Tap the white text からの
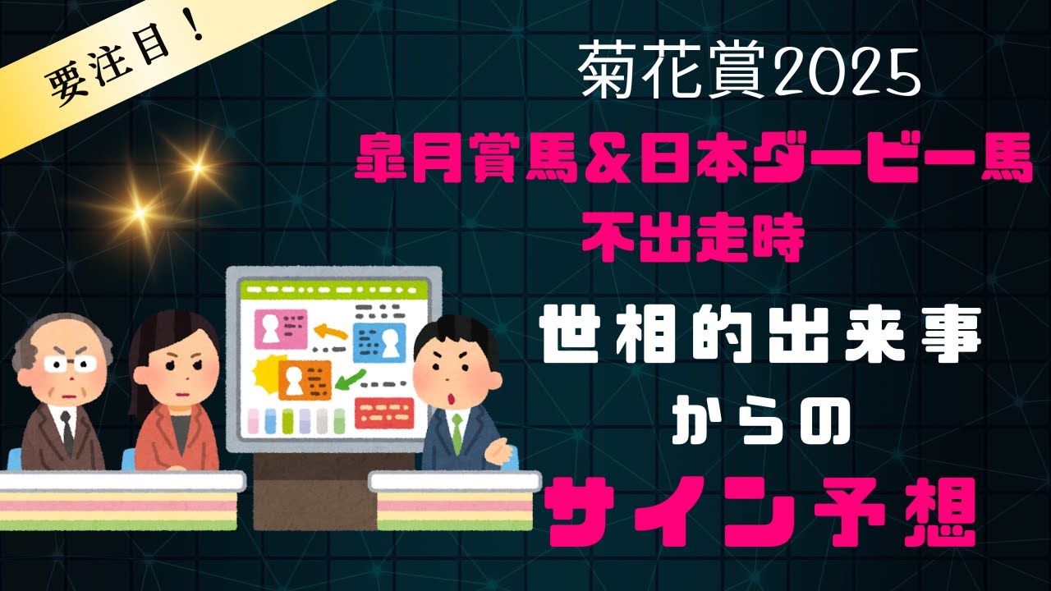click(756, 428)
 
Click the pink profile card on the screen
click(280, 328)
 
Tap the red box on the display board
click(383, 413)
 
